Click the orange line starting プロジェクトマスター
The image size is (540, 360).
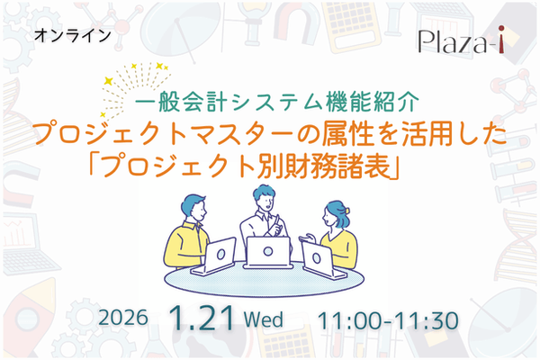269,134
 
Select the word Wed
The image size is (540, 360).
262,319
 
